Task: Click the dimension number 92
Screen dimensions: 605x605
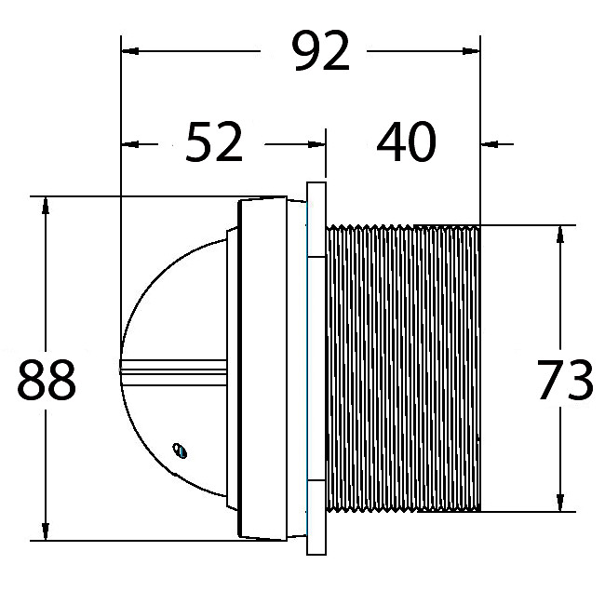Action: pos(322,51)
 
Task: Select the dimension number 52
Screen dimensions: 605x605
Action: pos(214,142)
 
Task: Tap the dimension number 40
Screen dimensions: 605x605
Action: pos(407,141)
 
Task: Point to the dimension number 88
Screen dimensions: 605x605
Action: pos(47,380)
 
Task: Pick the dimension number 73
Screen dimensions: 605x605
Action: pos(565,380)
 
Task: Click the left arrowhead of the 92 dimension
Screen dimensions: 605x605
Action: pos(130,51)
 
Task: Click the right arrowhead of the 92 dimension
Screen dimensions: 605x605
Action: pos(471,51)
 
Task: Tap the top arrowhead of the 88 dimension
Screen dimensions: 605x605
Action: pos(46,206)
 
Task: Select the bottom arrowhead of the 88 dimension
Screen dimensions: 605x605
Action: pos(46,531)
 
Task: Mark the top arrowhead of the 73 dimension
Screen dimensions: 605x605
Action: pos(560,235)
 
